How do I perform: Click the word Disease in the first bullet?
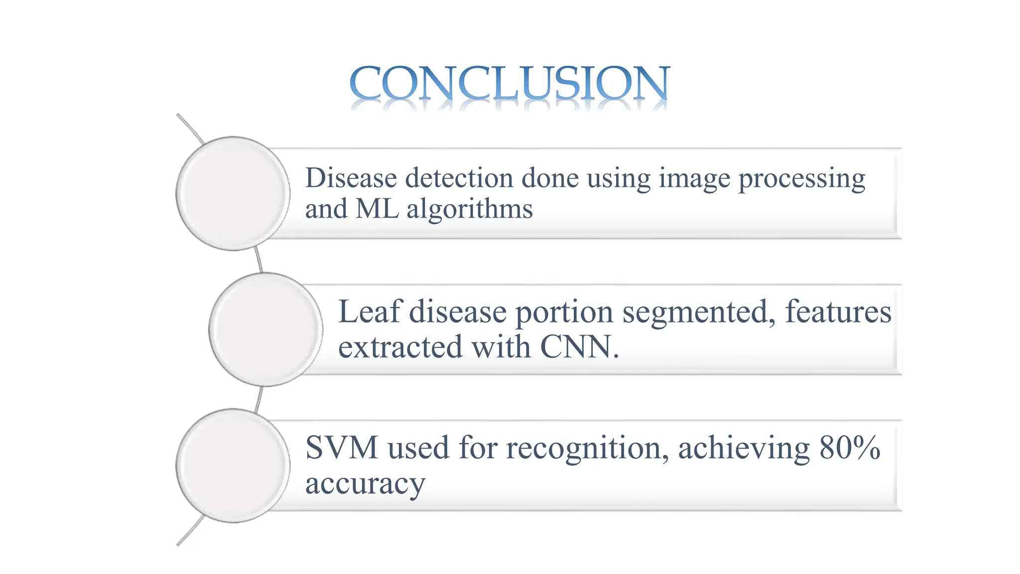(x=351, y=178)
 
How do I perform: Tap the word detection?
(x=459, y=178)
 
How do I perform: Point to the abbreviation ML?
(x=377, y=209)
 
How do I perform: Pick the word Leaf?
(x=370, y=312)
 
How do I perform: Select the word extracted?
(x=400, y=347)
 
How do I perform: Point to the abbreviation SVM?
(x=342, y=447)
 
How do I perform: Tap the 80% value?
(x=850, y=447)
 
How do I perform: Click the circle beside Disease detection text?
(x=233, y=193)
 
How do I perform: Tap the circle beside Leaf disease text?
(x=265, y=329)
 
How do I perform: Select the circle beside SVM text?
(x=233, y=465)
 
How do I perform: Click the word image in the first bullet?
(x=695, y=179)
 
